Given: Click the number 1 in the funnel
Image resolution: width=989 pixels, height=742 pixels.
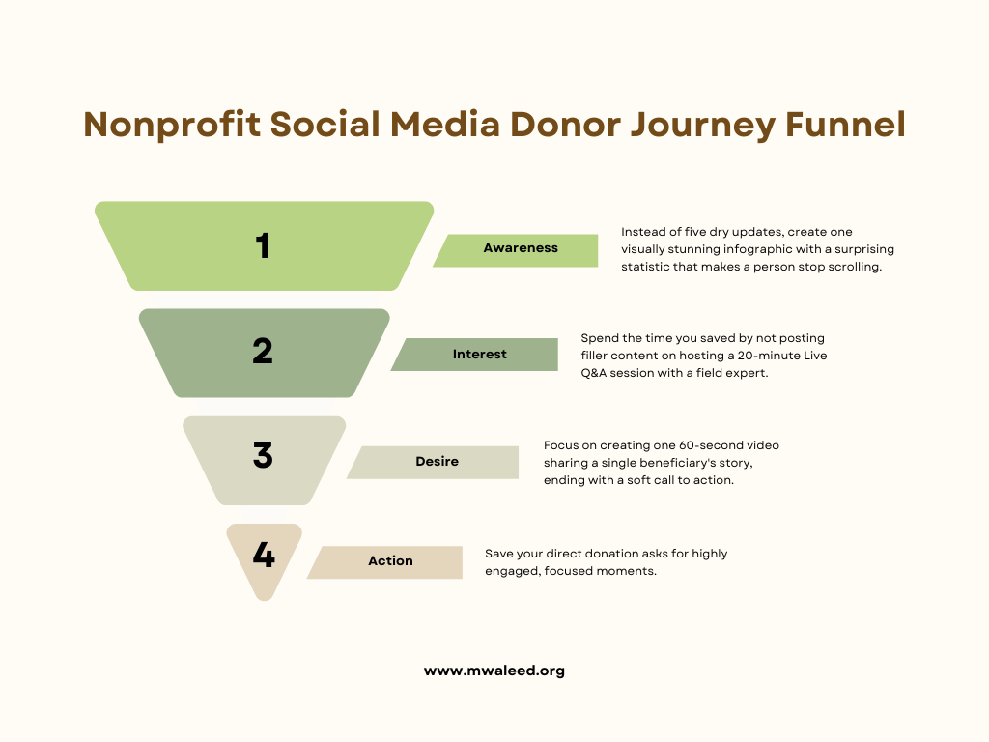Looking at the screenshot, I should (263, 246).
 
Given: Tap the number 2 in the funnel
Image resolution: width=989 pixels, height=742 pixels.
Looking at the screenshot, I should (263, 351).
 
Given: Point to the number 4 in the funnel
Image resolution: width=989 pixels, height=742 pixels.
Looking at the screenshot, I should (264, 556).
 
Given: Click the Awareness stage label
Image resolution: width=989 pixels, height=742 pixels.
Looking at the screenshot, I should (521, 248).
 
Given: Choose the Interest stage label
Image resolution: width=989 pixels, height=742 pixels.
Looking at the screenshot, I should (479, 355).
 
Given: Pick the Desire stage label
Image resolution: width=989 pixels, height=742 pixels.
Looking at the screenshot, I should (437, 462).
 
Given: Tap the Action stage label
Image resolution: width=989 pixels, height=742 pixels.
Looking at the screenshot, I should (390, 561).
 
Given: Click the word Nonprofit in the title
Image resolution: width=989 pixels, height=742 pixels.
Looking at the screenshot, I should (170, 125).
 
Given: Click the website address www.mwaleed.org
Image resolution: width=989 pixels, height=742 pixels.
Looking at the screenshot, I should (494, 671).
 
